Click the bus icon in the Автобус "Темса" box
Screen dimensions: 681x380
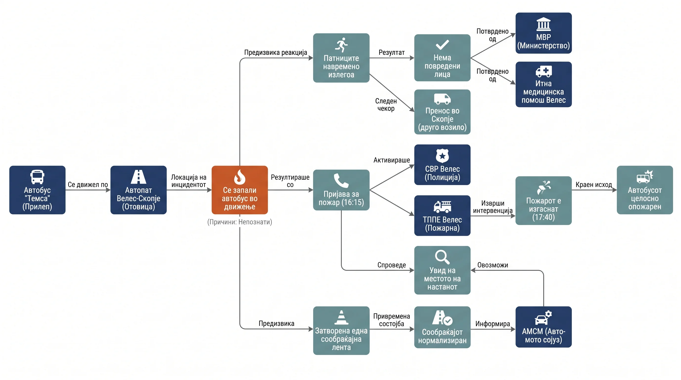coord(37,177)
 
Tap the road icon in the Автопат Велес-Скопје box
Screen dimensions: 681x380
coord(139,177)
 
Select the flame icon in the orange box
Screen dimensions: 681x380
coord(240,177)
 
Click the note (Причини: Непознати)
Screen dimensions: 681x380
coord(240,222)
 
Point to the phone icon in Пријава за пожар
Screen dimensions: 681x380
coord(341,181)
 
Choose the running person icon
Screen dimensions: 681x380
coord(341,45)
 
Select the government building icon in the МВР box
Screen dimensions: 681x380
coord(543,24)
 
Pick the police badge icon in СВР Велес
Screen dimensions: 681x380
coord(442,156)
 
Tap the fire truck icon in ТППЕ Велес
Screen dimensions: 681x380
coord(442,207)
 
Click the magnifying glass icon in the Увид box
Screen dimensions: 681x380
coord(442,257)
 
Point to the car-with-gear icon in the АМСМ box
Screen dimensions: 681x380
coord(543,317)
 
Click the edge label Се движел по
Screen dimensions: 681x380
coord(88,185)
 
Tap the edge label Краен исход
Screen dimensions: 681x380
coord(594,185)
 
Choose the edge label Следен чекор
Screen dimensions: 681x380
coord(386,105)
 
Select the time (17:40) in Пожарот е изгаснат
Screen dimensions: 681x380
coord(543,217)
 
